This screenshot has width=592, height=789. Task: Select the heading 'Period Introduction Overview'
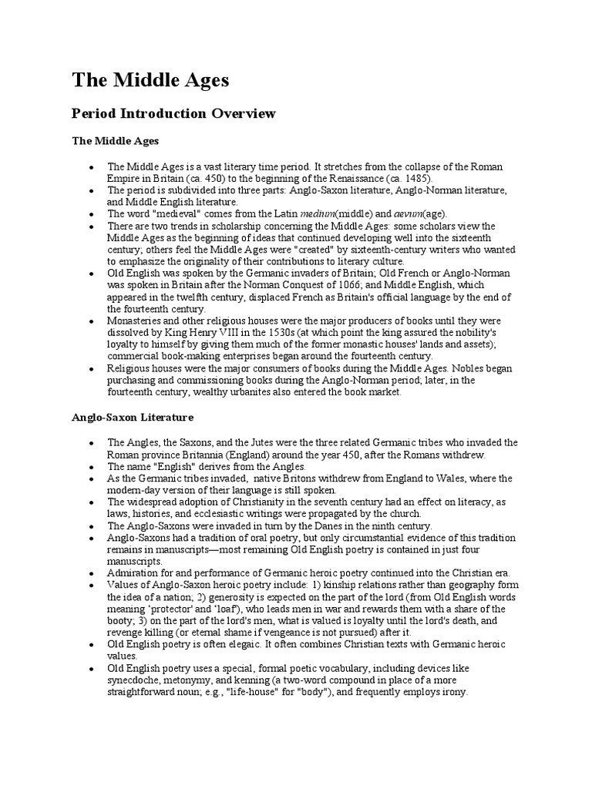(x=173, y=114)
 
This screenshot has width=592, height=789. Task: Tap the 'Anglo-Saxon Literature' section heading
(x=133, y=417)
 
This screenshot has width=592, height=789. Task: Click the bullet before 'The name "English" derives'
(x=91, y=467)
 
